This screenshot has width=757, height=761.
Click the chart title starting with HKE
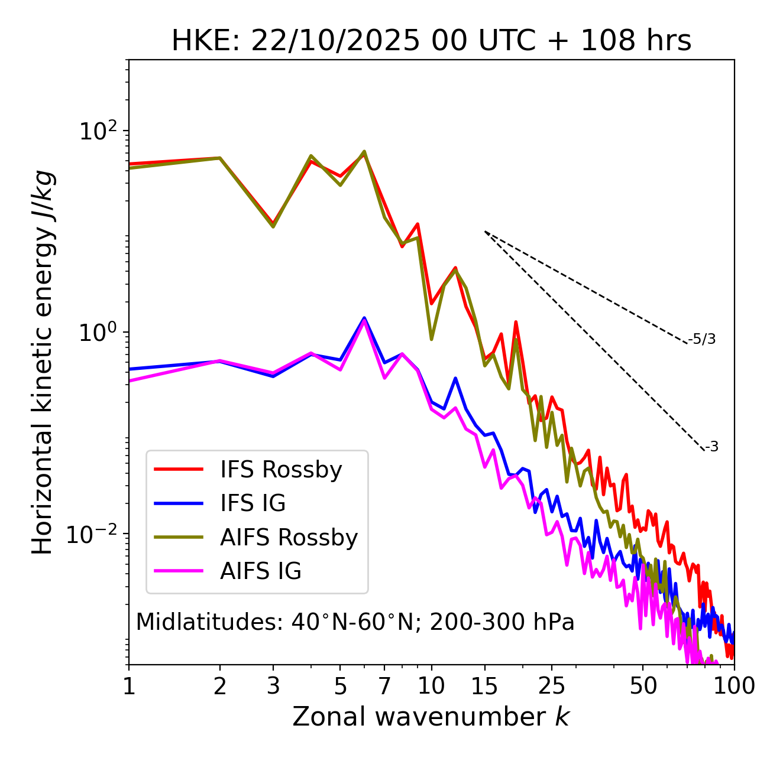tap(431, 41)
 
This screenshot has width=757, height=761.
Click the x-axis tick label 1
tap(129, 686)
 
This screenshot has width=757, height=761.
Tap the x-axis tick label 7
tap(384, 686)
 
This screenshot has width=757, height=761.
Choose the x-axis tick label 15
tap(485, 686)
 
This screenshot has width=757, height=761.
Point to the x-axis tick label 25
tap(552, 686)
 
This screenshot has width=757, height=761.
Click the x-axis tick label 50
tap(643, 686)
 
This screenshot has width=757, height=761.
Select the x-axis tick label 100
tap(733, 686)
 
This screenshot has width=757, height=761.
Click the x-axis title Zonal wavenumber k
tap(431, 717)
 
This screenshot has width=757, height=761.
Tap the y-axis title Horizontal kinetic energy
tap(43, 362)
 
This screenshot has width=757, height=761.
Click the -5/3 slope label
tap(702, 339)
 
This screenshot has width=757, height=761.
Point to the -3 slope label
tap(712, 447)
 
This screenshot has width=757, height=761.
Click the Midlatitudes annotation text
tap(355, 622)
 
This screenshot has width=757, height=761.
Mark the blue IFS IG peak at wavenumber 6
tap(364, 318)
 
